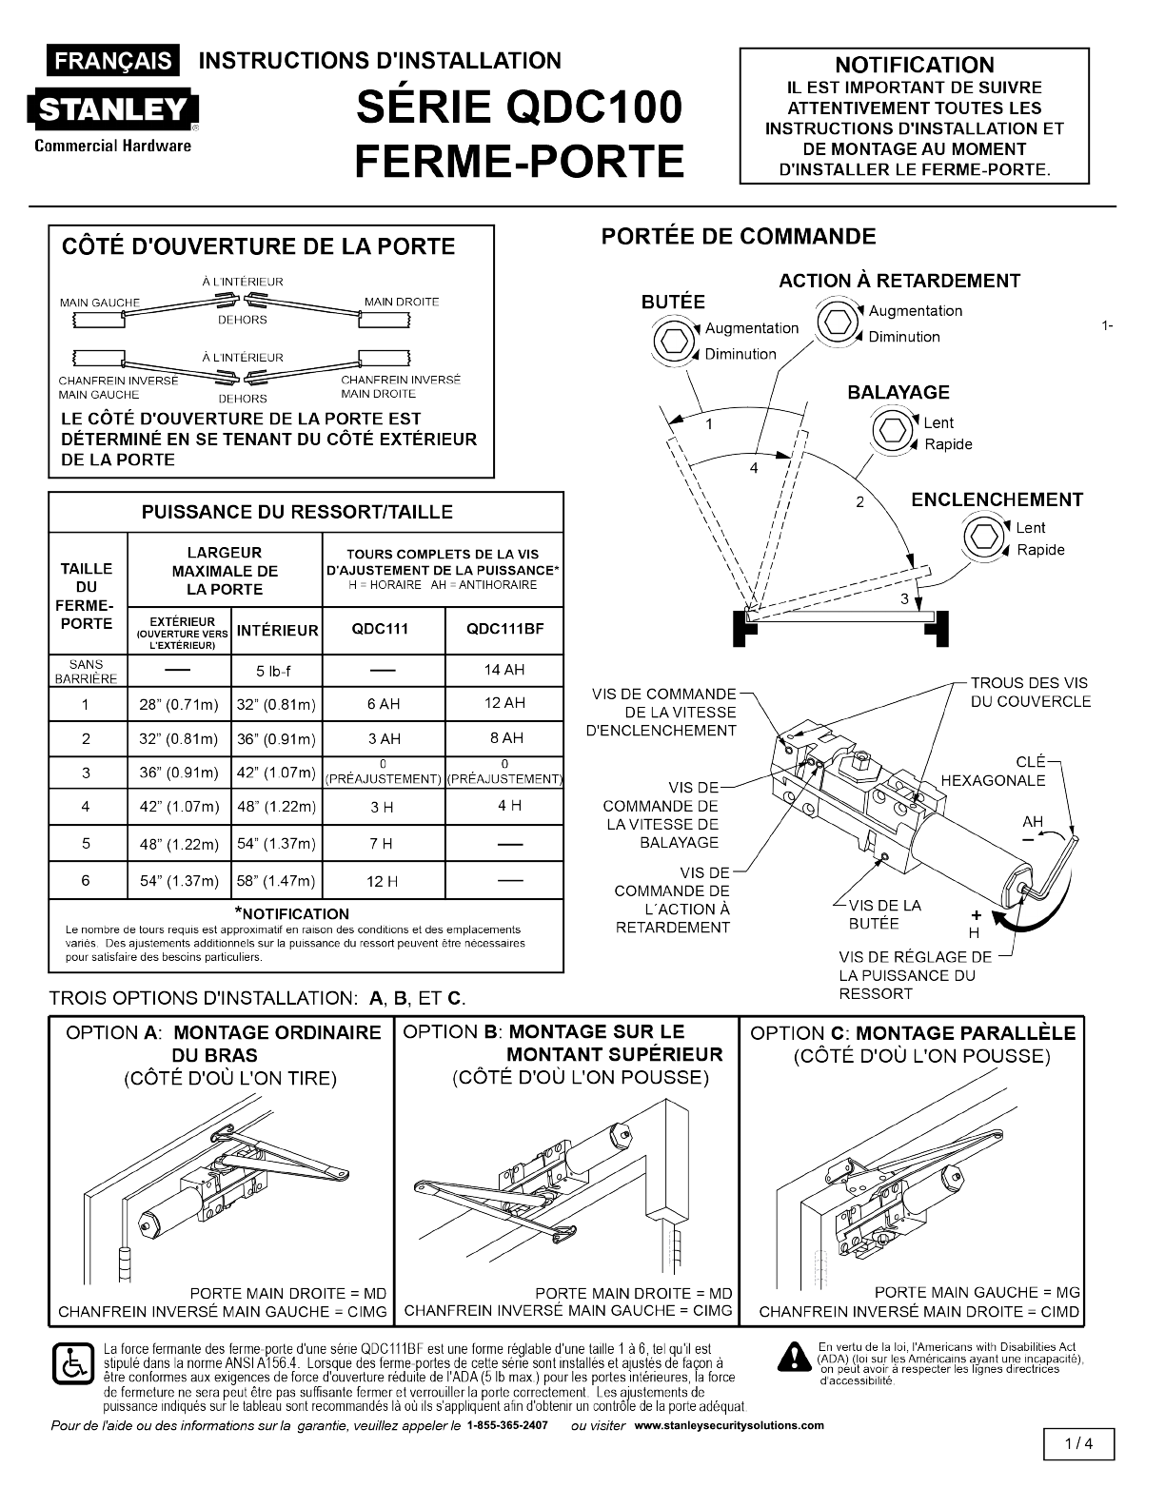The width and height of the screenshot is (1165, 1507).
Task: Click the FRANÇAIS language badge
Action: [113, 61]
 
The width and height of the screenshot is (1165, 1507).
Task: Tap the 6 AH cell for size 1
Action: [384, 704]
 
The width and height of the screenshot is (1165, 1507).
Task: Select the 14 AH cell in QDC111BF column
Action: [504, 670]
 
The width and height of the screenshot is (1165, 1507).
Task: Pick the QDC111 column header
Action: [384, 630]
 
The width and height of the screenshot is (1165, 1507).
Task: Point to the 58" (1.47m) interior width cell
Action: [276, 881]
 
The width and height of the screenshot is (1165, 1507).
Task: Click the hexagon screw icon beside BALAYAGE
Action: [892, 431]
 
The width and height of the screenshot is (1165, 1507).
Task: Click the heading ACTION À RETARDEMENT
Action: [898, 281]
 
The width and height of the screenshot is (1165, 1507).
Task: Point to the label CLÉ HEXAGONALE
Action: [993, 772]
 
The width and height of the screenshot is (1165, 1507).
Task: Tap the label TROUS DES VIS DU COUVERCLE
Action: [1030, 692]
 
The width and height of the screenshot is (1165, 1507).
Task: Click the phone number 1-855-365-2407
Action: [507, 1425]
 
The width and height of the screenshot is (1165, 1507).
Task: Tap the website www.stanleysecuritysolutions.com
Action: [729, 1425]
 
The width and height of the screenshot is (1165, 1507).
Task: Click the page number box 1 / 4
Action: [1078, 1443]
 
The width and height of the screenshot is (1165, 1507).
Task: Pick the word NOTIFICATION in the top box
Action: [914, 65]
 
